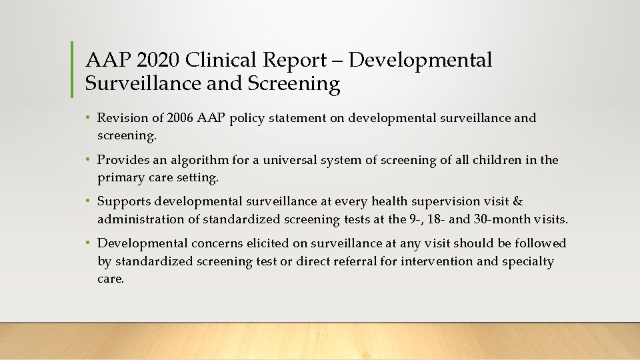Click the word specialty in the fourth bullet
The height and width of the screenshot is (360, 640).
pyautogui.click(x=527, y=261)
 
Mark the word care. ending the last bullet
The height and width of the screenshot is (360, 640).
pyautogui.click(x=111, y=279)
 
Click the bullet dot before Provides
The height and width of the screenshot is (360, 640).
pyautogui.click(x=89, y=160)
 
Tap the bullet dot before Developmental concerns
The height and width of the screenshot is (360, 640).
pyautogui.click(x=89, y=243)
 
